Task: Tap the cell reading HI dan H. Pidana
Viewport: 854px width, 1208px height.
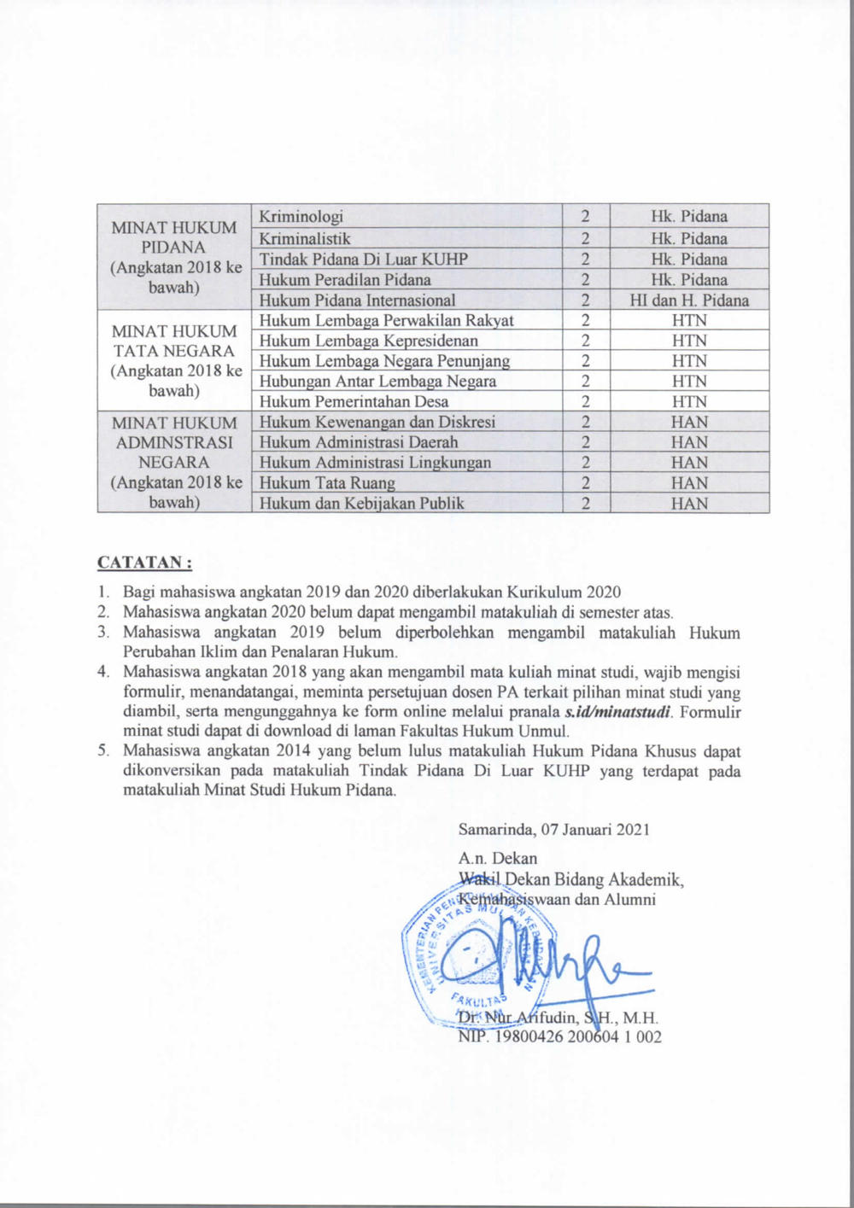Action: coord(689,301)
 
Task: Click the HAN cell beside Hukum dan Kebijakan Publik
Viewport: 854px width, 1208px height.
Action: coord(689,504)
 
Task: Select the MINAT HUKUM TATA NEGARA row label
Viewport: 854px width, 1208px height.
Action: coord(174,361)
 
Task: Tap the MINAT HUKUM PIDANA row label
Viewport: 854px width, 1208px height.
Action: coord(174,257)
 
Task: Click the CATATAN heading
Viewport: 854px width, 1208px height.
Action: coord(144,563)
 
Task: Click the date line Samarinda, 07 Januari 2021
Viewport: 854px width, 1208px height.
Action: coord(554,829)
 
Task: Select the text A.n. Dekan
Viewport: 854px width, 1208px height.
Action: coord(498,858)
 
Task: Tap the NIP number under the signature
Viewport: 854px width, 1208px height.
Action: coord(560,1037)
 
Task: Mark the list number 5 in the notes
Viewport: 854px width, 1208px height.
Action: coord(103,751)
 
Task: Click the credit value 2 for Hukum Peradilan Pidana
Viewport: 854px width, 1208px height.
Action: coord(586,280)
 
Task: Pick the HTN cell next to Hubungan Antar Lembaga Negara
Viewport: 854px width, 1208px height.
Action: coord(689,382)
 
